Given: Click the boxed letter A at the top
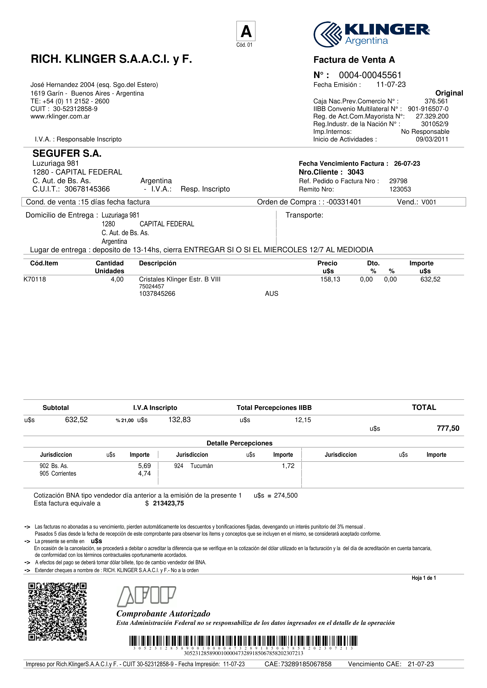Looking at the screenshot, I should tap(246, 31).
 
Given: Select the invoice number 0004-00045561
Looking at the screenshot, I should tap(370, 75).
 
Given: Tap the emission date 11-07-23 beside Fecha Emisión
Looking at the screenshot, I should tap(391, 85).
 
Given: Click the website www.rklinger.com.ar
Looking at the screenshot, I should tap(60, 116).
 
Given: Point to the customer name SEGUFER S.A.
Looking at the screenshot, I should tap(67, 153).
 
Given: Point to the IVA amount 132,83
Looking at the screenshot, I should tap(179, 420).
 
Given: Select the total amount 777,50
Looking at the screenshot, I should tap(448, 428).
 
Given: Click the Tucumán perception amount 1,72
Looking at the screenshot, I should tap(288, 466).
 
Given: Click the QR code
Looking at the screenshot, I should tap(58, 611).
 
